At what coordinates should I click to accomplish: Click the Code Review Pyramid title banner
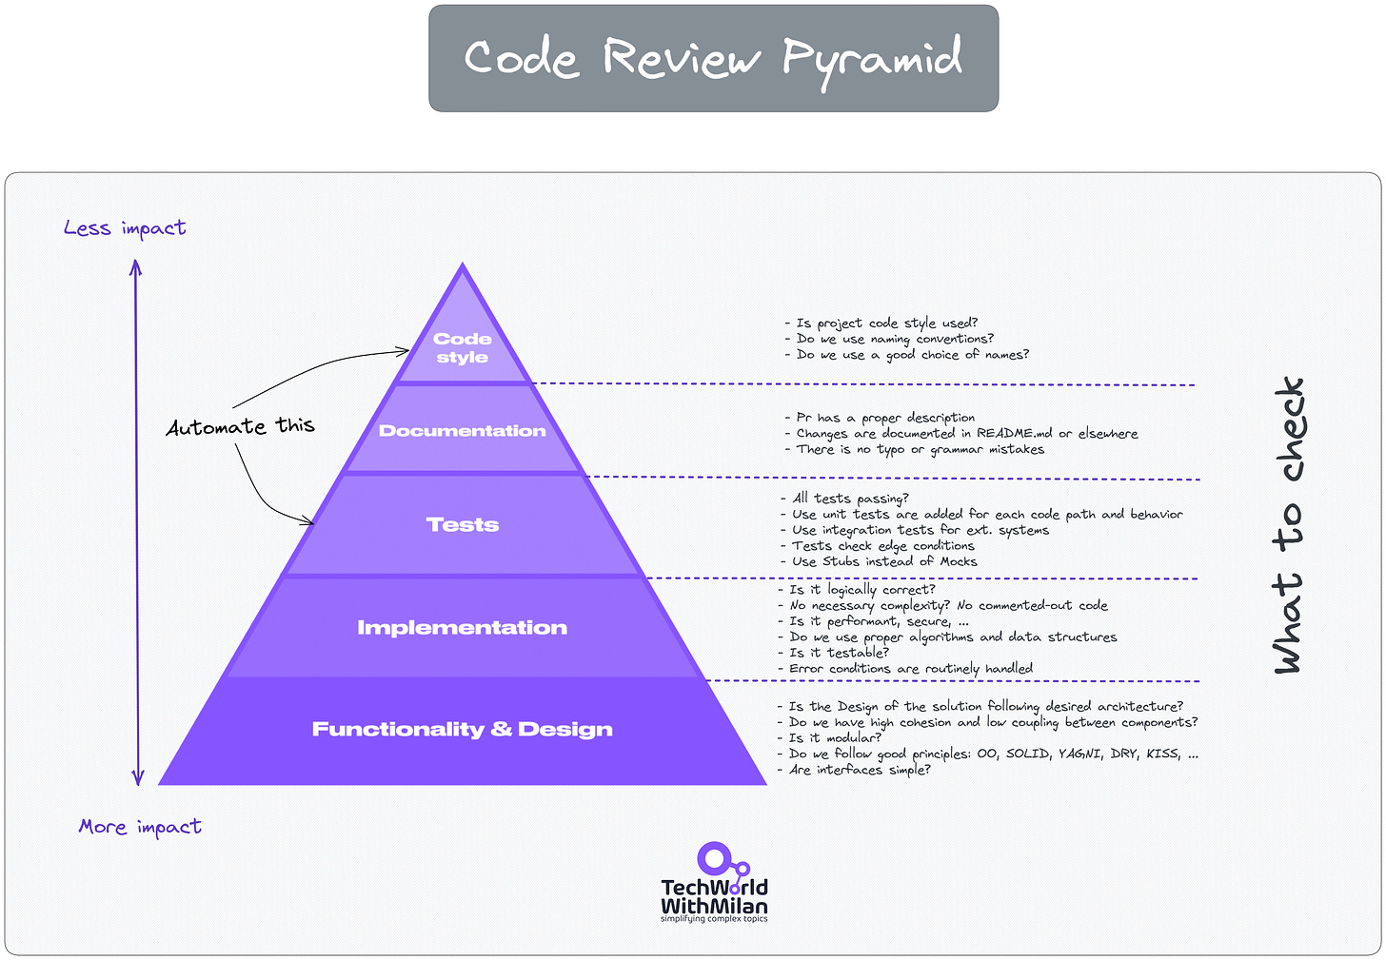pyautogui.click(x=713, y=58)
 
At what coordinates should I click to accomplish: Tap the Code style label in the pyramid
pyautogui.click(x=462, y=348)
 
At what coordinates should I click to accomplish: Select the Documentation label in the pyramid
pyautogui.click(x=462, y=431)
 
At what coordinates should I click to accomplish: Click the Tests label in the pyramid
pyautogui.click(x=462, y=524)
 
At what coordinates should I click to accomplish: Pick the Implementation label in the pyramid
pyautogui.click(x=462, y=628)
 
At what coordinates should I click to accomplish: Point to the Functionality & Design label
pyautogui.click(x=462, y=730)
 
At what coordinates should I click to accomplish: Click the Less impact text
pyautogui.click(x=125, y=228)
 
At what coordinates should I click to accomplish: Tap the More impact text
pyautogui.click(x=140, y=827)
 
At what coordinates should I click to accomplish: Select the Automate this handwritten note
pyautogui.click(x=240, y=426)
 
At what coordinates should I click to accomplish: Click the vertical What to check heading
pyautogui.click(x=1289, y=525)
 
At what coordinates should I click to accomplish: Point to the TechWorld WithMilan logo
pyautogui.click(x=714, y=883)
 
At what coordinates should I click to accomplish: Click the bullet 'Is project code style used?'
pyautogui.click(x=885, y=323)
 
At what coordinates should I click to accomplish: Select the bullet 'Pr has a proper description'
pyautogui.click(x=884, y=418)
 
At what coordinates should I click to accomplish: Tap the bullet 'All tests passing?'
pyautogui.click(x=849, y=499)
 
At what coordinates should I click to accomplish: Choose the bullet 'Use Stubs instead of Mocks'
pyautogui.click(x=883, y=561)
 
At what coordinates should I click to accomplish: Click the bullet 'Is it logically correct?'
pyautogui.click(x=861, y=590)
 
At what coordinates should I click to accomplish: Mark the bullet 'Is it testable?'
pyautogui.click(x=838, y=653)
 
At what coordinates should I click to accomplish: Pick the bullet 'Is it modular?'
pyautogui.click(x=834, y=737)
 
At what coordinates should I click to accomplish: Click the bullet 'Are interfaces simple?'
pyautogui.click(x=859, y=770)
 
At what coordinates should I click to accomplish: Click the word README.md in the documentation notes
pyautogui.click(x=1014, y=434)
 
